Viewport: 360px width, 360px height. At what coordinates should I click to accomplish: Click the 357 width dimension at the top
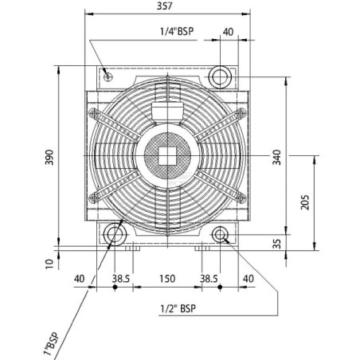[164, 6]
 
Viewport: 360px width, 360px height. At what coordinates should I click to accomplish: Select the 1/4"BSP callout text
[177, 31]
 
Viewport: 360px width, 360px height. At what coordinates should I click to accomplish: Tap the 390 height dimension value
[49, 157]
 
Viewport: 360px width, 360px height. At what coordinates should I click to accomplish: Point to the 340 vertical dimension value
[276, 157]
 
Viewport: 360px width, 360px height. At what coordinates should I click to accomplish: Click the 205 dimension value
[305, 202]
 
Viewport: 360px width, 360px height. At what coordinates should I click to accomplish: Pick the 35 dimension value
[276, 244]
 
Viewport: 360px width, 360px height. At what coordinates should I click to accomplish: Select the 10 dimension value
[49, 264]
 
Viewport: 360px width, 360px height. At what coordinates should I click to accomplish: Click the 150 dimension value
[167, 279]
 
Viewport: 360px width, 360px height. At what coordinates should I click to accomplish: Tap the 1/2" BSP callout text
[178, 308]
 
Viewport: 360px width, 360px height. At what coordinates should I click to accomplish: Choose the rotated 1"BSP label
[51, 343]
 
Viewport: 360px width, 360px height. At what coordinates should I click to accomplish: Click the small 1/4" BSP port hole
[108, 77]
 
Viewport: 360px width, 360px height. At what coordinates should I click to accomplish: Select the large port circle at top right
[220, 77]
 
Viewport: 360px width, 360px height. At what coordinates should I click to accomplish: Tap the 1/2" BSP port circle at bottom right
[220, 235]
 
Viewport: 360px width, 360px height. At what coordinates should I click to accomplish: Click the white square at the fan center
[167, 155]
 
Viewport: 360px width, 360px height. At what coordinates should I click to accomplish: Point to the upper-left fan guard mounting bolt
[94, 113]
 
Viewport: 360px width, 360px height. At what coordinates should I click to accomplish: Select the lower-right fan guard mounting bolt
[241, 198]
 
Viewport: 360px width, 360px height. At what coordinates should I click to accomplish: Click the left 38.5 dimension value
[120, 279]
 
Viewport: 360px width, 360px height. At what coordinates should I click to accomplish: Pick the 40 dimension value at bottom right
[248, 279]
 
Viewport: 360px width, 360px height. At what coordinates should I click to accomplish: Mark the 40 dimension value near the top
[228, 32]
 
